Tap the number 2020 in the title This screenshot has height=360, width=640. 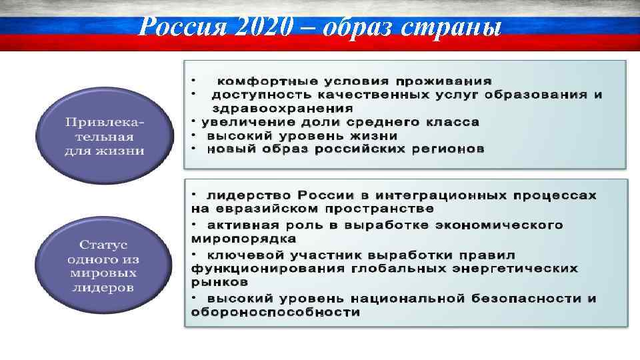pyautogui.click(x=256, y=27)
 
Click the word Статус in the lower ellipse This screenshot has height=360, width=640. pyautogui.click(x=104, y=245)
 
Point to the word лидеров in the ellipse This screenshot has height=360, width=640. pyautogui.click(x=104, y=288)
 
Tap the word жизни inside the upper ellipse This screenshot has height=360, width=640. pyautogui.click(x=124, y=151)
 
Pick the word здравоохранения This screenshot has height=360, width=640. pyautogui.click(x=283, y=108)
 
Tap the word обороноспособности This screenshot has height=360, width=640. pyautogui.click(x=275, y=312)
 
